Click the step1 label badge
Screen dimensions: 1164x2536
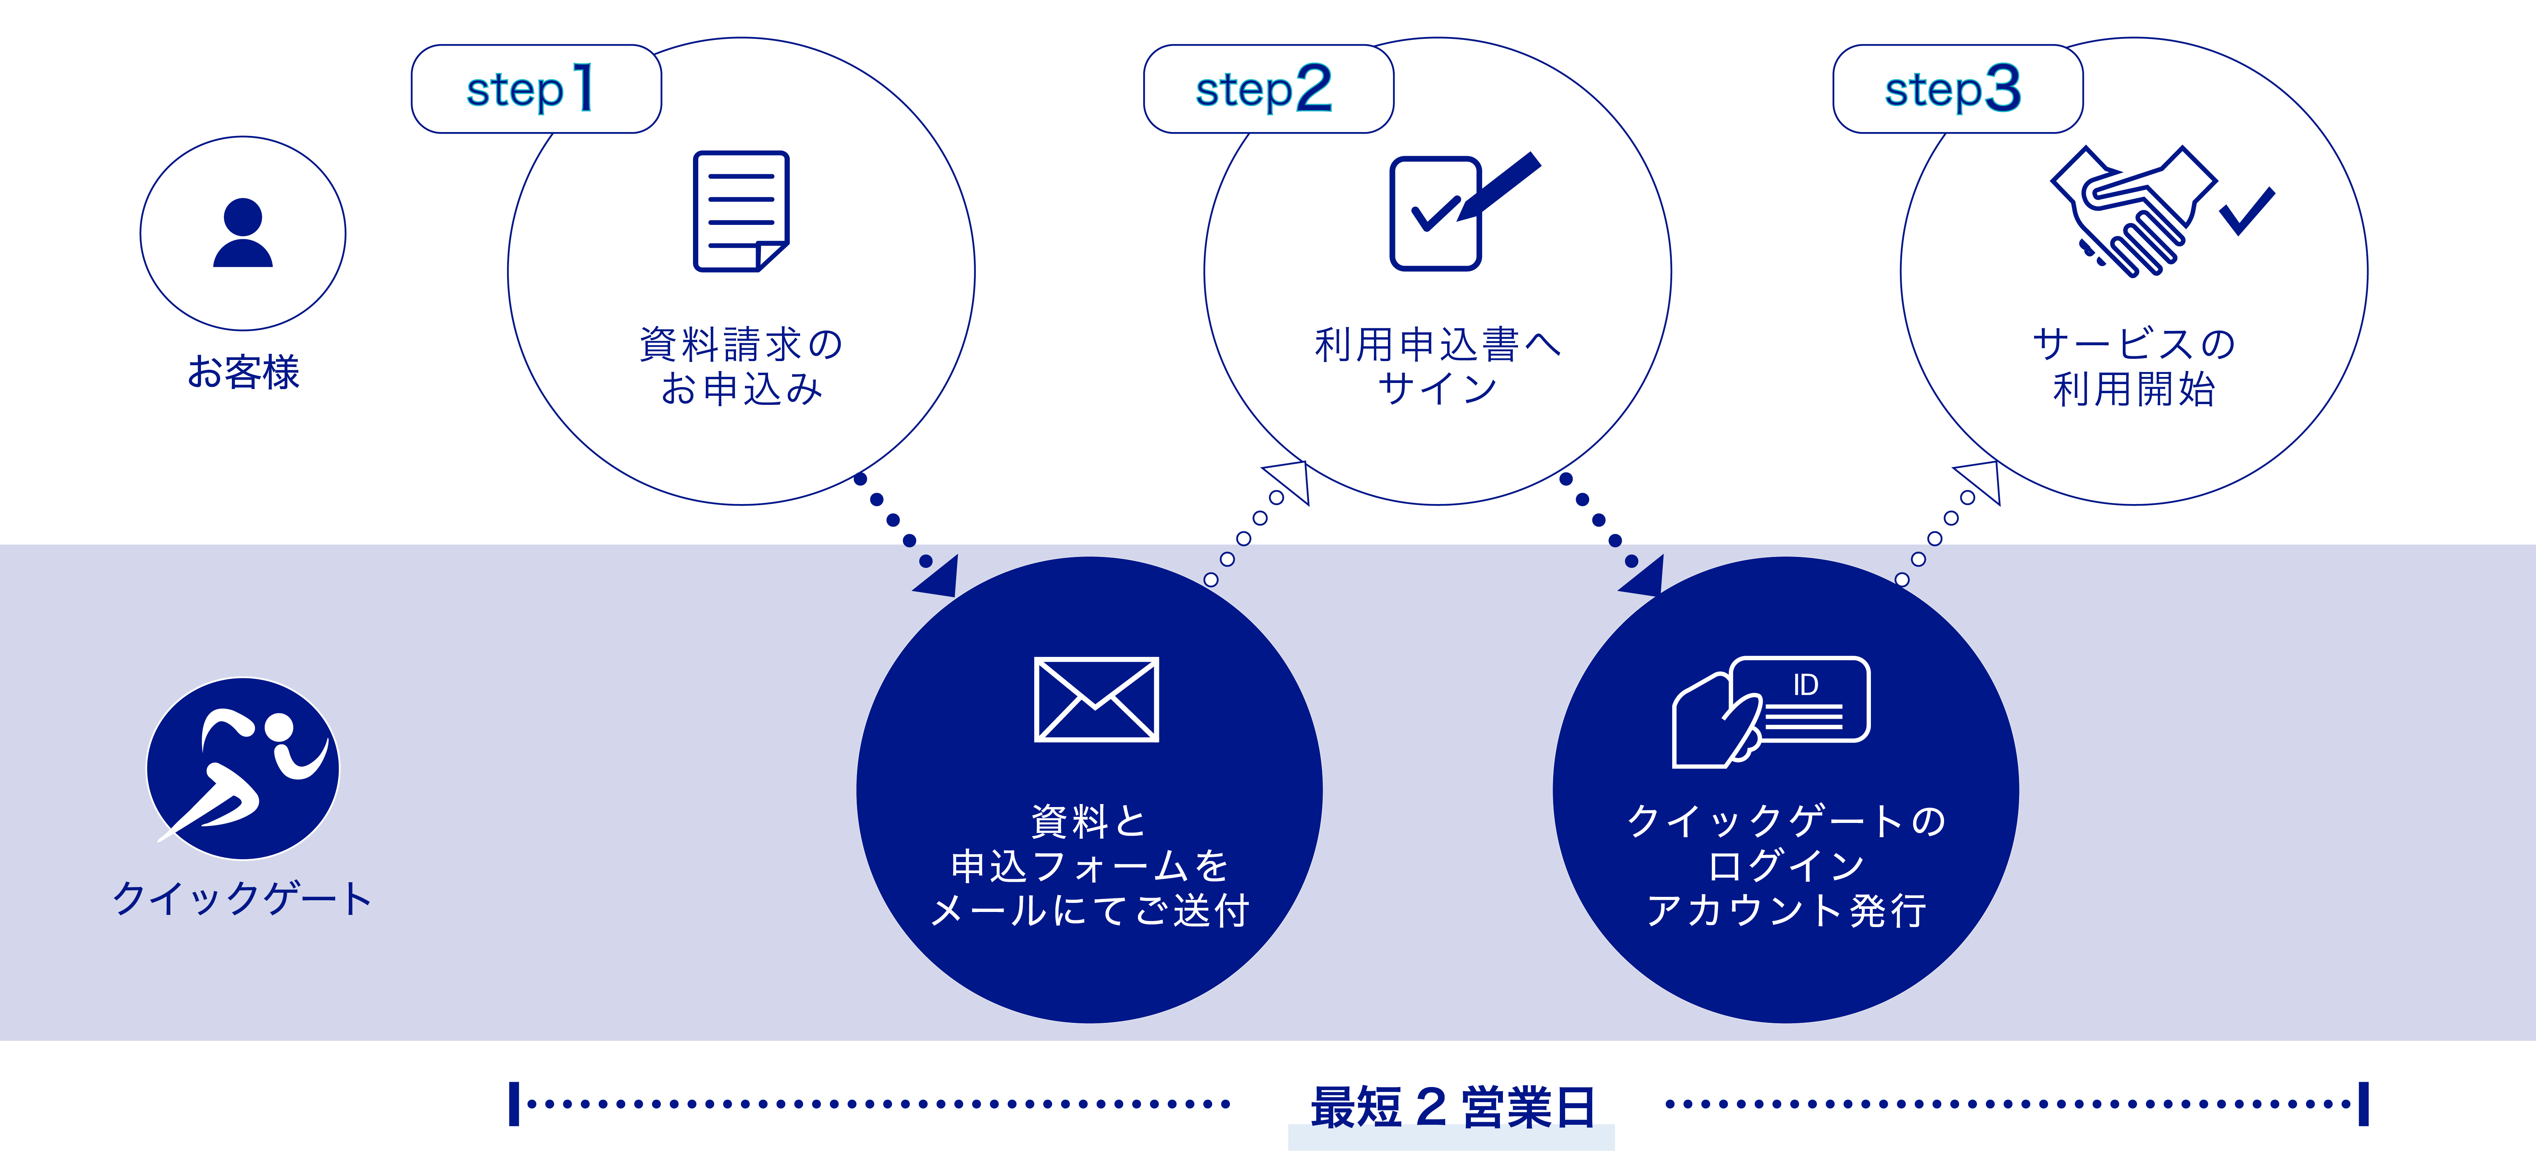click(x=535, y=89)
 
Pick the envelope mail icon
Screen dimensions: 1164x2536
click(x=1096, y=699)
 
